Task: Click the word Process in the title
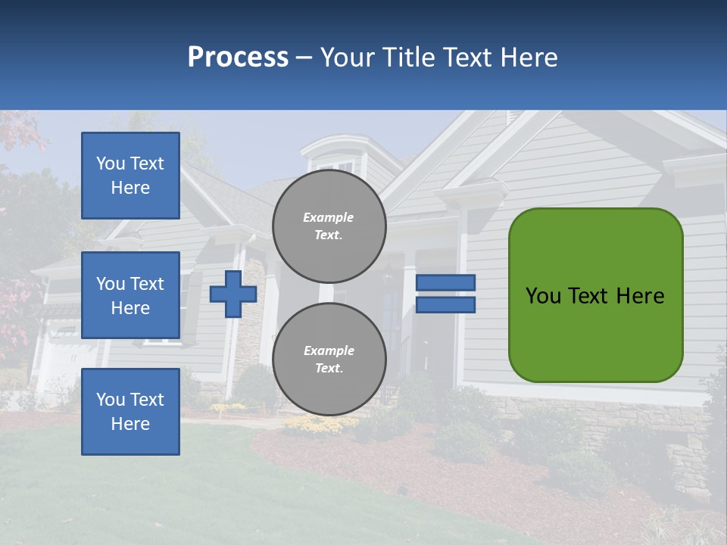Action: point(238,58)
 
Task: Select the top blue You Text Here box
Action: point(130,176)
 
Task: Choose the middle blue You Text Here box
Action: point(130,295)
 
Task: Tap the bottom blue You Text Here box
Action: point(130,412)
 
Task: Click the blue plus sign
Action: point(232,294)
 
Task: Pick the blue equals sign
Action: point(445,294)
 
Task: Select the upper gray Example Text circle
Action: point(329,226)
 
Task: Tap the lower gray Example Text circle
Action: point(329,359)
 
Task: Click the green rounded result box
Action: point(595,295)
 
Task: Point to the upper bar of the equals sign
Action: point(445,282)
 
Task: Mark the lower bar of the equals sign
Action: point(445,305)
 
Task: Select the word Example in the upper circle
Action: point(329,217)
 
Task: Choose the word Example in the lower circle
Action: point(329,350)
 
